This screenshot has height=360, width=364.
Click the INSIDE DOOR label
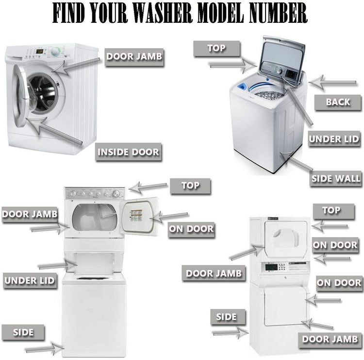tap(128, 152)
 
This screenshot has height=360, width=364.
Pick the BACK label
tap(338, 102)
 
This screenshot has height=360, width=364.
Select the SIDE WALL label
tap(335, 179)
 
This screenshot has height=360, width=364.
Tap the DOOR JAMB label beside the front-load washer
tap(134, 56)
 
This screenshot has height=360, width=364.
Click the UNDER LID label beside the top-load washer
tap(334, 139)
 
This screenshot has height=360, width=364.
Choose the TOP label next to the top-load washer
tap(216, 49)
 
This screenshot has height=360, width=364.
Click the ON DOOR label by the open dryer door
tap(191, 229)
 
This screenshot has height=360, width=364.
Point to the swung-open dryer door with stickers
tap(140, 215)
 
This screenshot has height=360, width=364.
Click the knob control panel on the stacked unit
tap(95, 193)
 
